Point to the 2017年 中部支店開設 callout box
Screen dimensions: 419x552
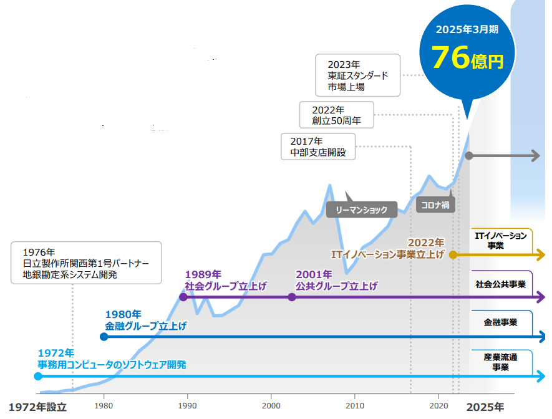(x=318, y=147)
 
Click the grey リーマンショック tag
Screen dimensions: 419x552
(x=361, y=209)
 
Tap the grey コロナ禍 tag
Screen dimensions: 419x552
(x=433, y=205)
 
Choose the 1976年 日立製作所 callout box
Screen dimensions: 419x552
(x=86, y=262)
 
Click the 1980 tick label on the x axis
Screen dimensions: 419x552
(x=104, y=402)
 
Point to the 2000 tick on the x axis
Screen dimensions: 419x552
(x=271, y=402)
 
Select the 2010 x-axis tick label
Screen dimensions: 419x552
(x=355, y=402)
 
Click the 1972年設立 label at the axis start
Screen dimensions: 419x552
(x=37, y=407)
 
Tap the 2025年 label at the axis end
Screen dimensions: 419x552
(x=487, y=407)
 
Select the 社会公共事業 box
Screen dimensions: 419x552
(x=500, y=284)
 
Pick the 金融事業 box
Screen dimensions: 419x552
(x=500, y=323)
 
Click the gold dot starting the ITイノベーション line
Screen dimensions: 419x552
(x=453, y=254)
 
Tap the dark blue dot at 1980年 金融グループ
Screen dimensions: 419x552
(x=104, y=337)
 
